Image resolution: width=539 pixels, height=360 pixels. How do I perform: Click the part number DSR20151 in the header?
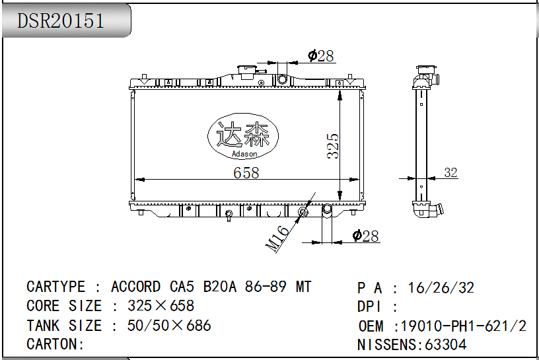point(61,20)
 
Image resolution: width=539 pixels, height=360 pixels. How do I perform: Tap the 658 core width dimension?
point(246,172)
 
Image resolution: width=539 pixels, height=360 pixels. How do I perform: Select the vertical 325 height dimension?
point(333,146)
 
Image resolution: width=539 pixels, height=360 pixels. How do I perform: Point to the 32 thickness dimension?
point(450,172)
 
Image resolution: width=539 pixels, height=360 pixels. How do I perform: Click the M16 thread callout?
point(277,238)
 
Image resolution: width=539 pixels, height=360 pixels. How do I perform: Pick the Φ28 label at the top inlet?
point(321,55)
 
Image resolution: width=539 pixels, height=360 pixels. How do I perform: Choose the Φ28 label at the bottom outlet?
point(366,236)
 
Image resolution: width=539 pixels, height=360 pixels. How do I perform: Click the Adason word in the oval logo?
point(244,154)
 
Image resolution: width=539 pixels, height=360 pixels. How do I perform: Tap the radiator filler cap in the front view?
point(246,71)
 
